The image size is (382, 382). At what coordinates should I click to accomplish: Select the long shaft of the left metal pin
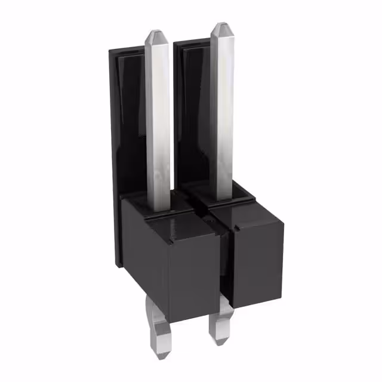pos(158,119)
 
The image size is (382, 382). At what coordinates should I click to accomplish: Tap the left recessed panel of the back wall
pos(128,119)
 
